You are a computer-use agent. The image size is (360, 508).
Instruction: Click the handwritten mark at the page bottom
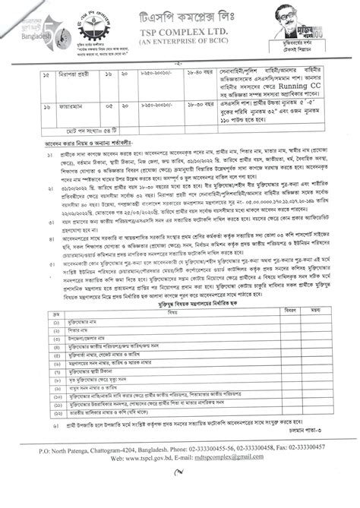click(178, 491)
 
